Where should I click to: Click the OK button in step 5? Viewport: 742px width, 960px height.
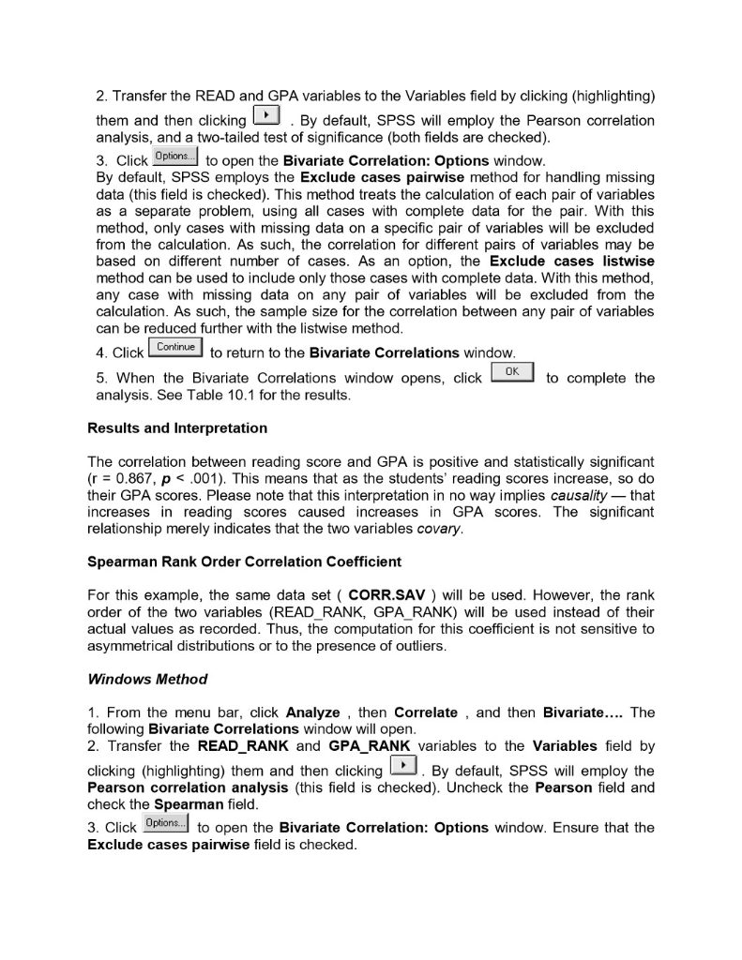tap(513, 374)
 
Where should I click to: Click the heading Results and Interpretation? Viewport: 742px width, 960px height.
tap(177, 427)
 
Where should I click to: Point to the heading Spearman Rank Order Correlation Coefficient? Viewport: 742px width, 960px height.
tap(244, 562)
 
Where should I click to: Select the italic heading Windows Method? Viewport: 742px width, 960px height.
tap(147, 678)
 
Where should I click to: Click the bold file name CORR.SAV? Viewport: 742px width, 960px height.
tap(386, 594)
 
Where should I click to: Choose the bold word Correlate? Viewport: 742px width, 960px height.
tap(426, 712)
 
